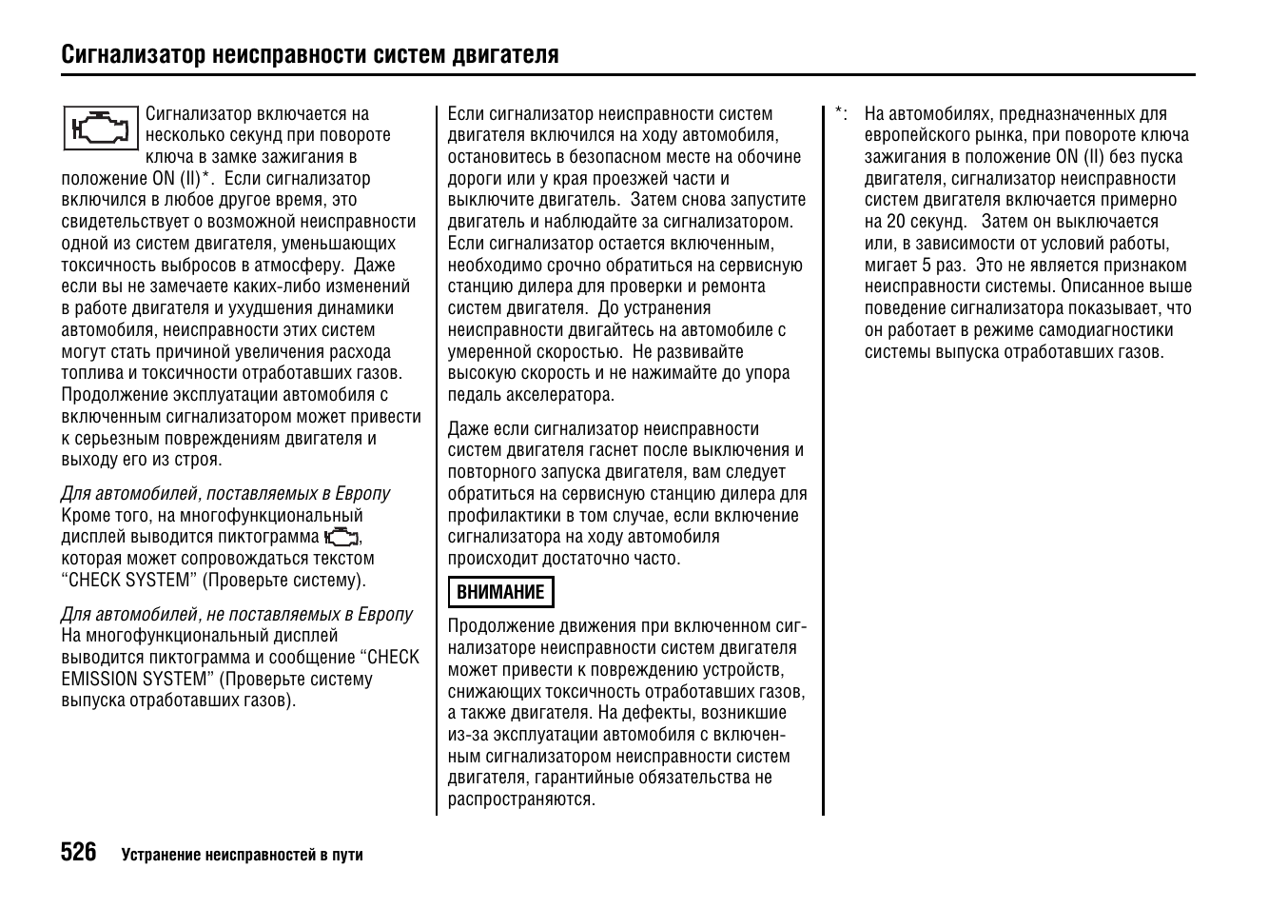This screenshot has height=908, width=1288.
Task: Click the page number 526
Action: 79,853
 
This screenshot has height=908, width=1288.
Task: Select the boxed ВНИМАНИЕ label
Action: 500,592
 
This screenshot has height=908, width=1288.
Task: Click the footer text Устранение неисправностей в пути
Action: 242,855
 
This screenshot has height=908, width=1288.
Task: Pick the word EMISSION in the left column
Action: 100,680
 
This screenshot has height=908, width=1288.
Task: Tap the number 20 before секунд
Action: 894,222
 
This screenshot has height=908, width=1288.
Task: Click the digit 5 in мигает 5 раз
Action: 927,266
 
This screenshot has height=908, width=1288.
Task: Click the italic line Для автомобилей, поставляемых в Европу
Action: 225,494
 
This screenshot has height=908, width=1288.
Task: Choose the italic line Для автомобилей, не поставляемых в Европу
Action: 237,615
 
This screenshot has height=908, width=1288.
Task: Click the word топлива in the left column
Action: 93,374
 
